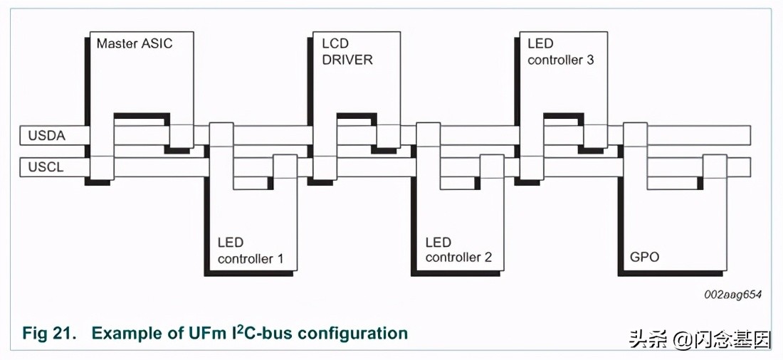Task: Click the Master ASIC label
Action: click(135, 43)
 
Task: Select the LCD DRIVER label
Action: click(347, 52)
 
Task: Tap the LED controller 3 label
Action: click(560, 52)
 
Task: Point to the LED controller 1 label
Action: click(250, 250)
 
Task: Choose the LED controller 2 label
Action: click(458, 250)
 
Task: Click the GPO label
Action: click(645, 257)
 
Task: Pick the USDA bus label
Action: click(47, 135)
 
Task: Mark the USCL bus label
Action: click(46, 167)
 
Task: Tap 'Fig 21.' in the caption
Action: click(49, 333)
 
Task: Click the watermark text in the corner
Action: click(700, 340)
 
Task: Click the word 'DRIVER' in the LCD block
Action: click(347, 60)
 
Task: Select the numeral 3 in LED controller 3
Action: click(589, 60)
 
